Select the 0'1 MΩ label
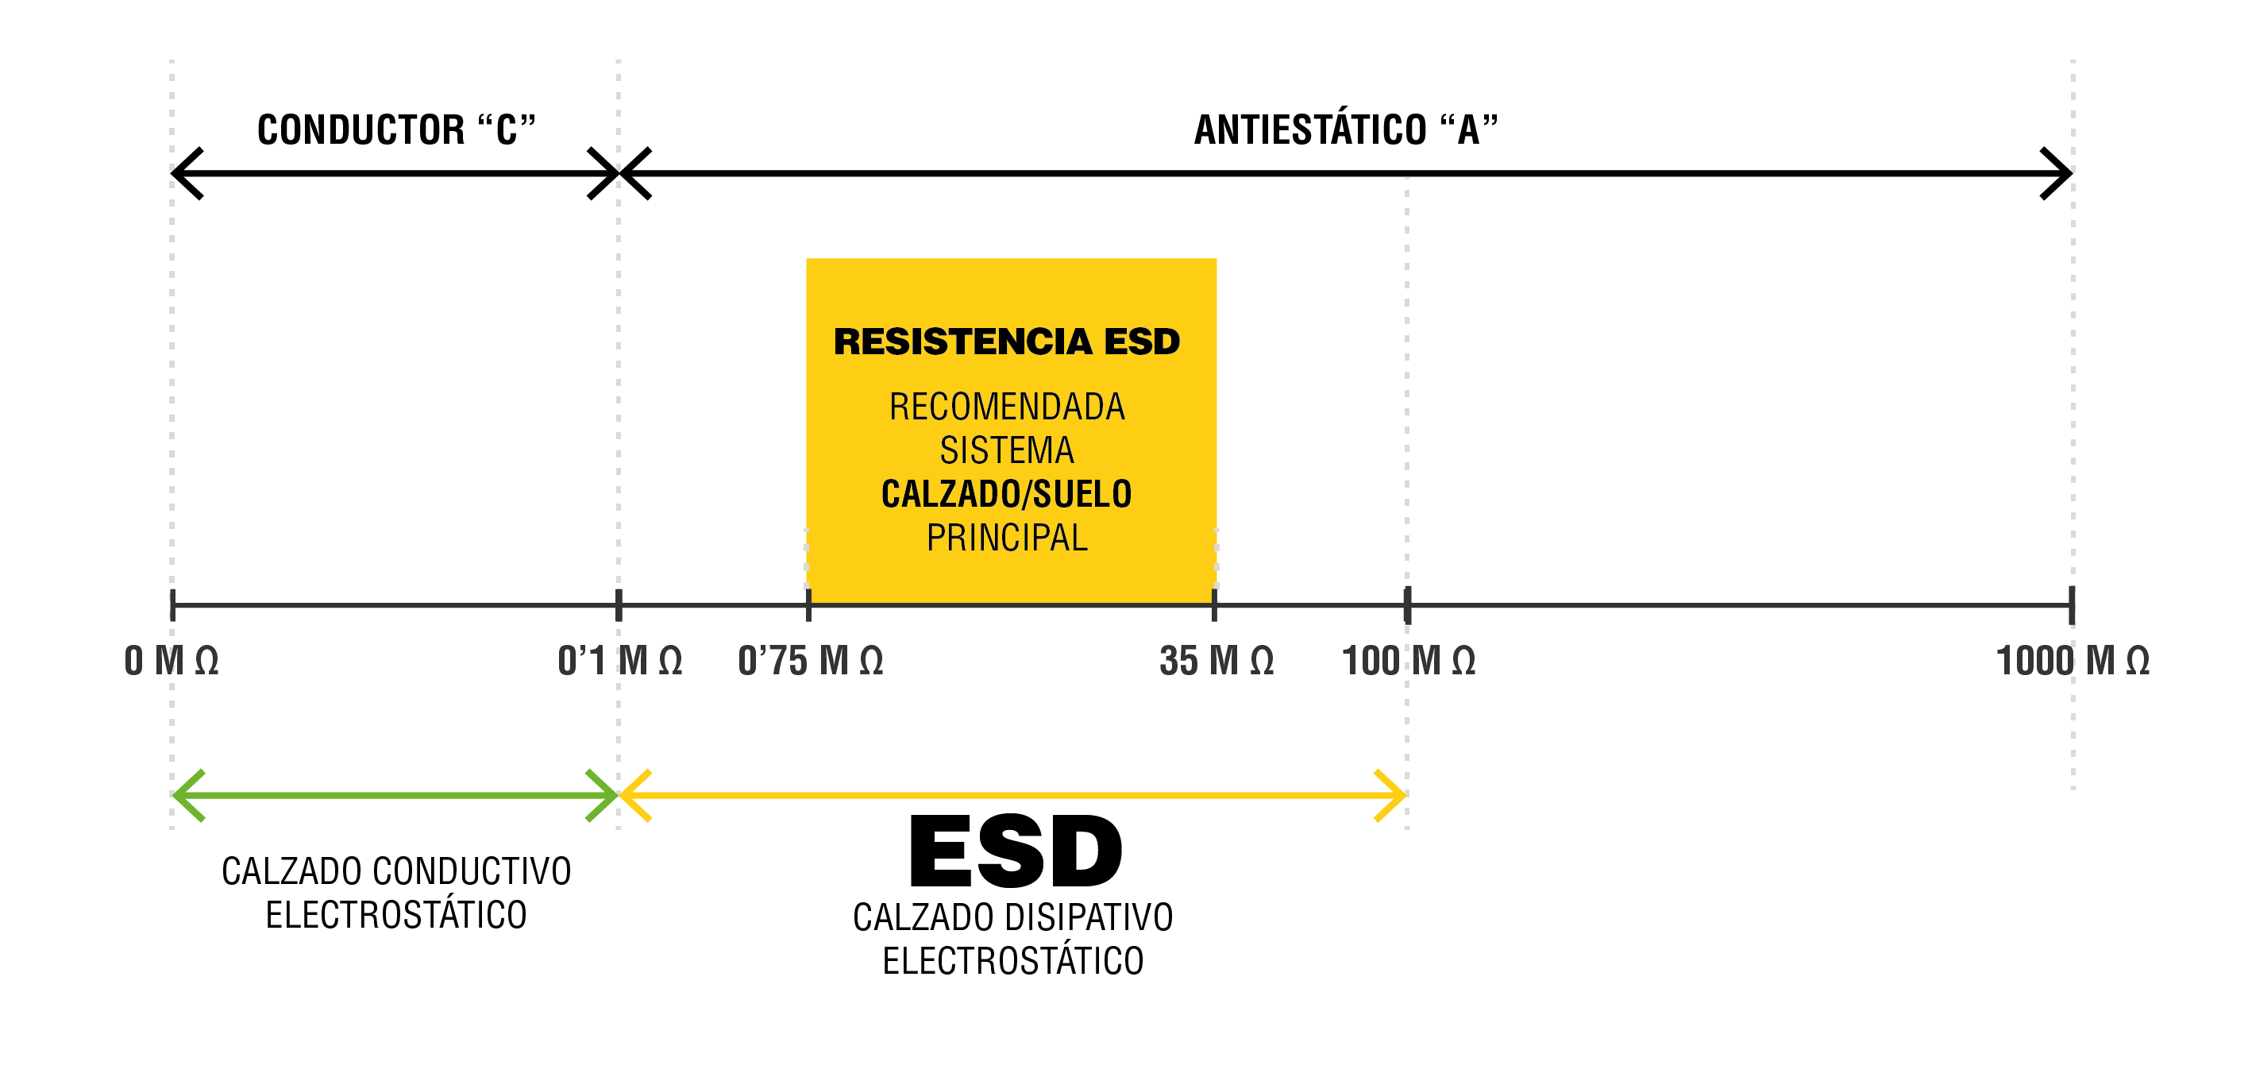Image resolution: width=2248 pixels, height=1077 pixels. (619, 661)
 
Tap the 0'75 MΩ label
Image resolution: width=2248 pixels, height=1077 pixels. (810, 661)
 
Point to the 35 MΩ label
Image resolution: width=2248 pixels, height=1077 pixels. (1216, 661)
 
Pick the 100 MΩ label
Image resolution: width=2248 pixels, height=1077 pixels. (1408, 661)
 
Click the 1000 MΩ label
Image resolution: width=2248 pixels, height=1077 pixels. (2072, 661)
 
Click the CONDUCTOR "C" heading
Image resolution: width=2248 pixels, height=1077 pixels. (395, 130)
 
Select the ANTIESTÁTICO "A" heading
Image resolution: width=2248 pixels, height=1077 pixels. (1345, 130)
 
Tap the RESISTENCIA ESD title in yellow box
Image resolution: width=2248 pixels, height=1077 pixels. (1006, 342)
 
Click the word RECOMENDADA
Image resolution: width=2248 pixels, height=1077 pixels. (1006, 407)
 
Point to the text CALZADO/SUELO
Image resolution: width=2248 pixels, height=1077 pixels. (1006, 494)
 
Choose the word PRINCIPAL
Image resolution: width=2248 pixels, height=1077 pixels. (1006, 538)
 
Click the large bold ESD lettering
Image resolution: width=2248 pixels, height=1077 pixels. (1015, 850)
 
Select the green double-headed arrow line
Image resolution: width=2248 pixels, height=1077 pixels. (395, 795)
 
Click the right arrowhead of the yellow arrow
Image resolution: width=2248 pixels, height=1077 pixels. (1393, 795)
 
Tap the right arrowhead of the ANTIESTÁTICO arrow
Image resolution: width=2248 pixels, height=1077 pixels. (2060, 173)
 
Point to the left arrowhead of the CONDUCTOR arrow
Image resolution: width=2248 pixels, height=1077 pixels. (185, 173)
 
